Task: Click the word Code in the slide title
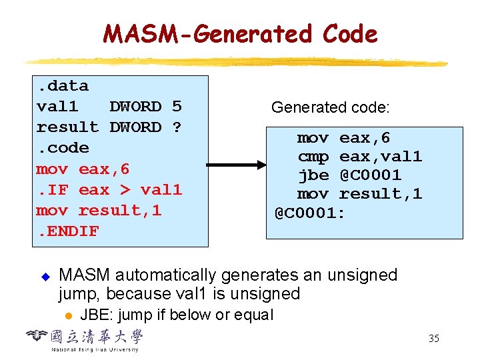coord(349,33)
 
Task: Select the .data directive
coord(63,86)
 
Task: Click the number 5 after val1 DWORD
coord(177,107)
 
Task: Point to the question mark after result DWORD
coord(177,127)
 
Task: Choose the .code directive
coord(63,148)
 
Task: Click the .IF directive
coord(52,190)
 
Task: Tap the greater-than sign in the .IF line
coord(125,190)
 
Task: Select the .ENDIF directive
coord(67,231)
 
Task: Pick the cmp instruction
coord(312,157)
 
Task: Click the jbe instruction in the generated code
coord(312,175)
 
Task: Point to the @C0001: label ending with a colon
coord(310,213)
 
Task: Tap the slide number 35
coord(433,339)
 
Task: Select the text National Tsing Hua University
coord(95,349)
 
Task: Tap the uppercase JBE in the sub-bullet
coord(95,315)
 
